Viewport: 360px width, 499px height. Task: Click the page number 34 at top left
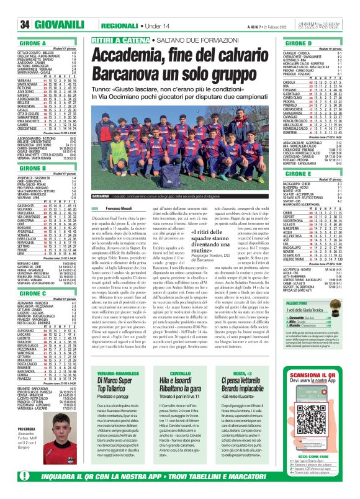point(9,7)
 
